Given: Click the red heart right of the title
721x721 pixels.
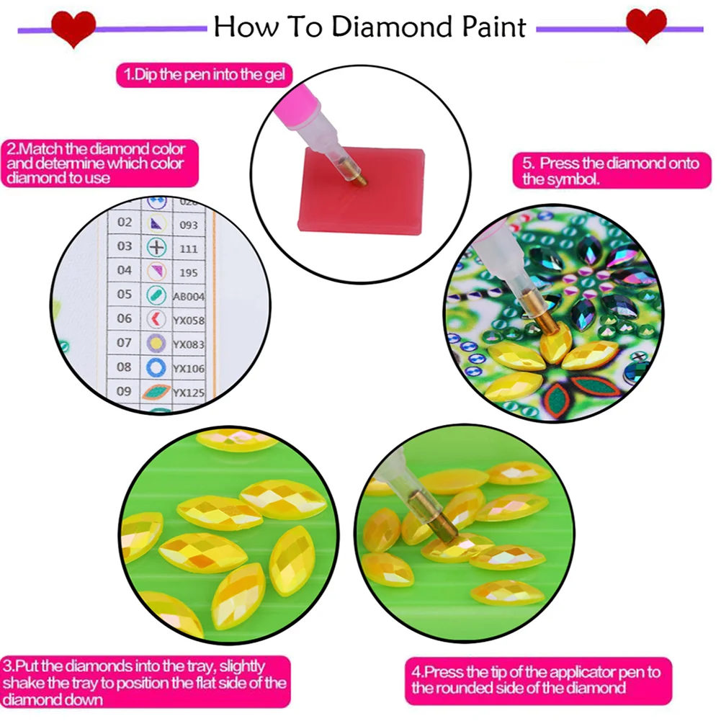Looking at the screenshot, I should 645,27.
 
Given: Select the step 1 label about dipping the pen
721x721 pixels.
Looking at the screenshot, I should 205,74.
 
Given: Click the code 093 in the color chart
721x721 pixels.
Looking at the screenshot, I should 189,224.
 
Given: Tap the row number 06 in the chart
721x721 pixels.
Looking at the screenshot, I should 125,318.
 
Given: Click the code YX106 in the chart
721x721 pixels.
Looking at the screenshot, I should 189,369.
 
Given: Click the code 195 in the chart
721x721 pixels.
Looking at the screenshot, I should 189,272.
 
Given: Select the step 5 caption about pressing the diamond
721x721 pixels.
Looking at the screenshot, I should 610,171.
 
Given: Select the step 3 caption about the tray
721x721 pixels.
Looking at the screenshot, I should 145,682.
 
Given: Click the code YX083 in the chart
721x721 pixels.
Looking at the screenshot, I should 189,344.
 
